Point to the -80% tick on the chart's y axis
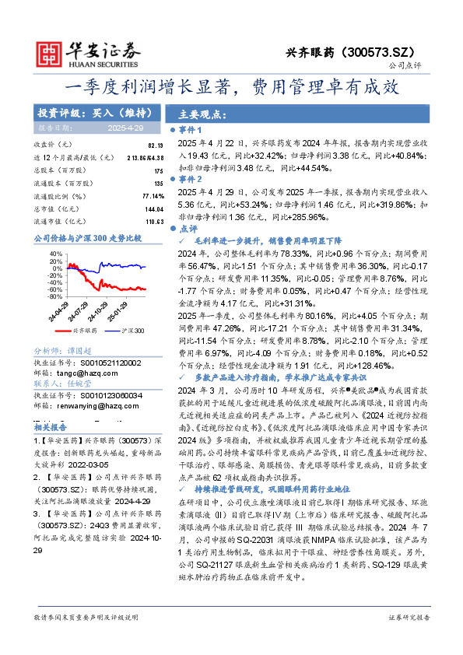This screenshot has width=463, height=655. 54,296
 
